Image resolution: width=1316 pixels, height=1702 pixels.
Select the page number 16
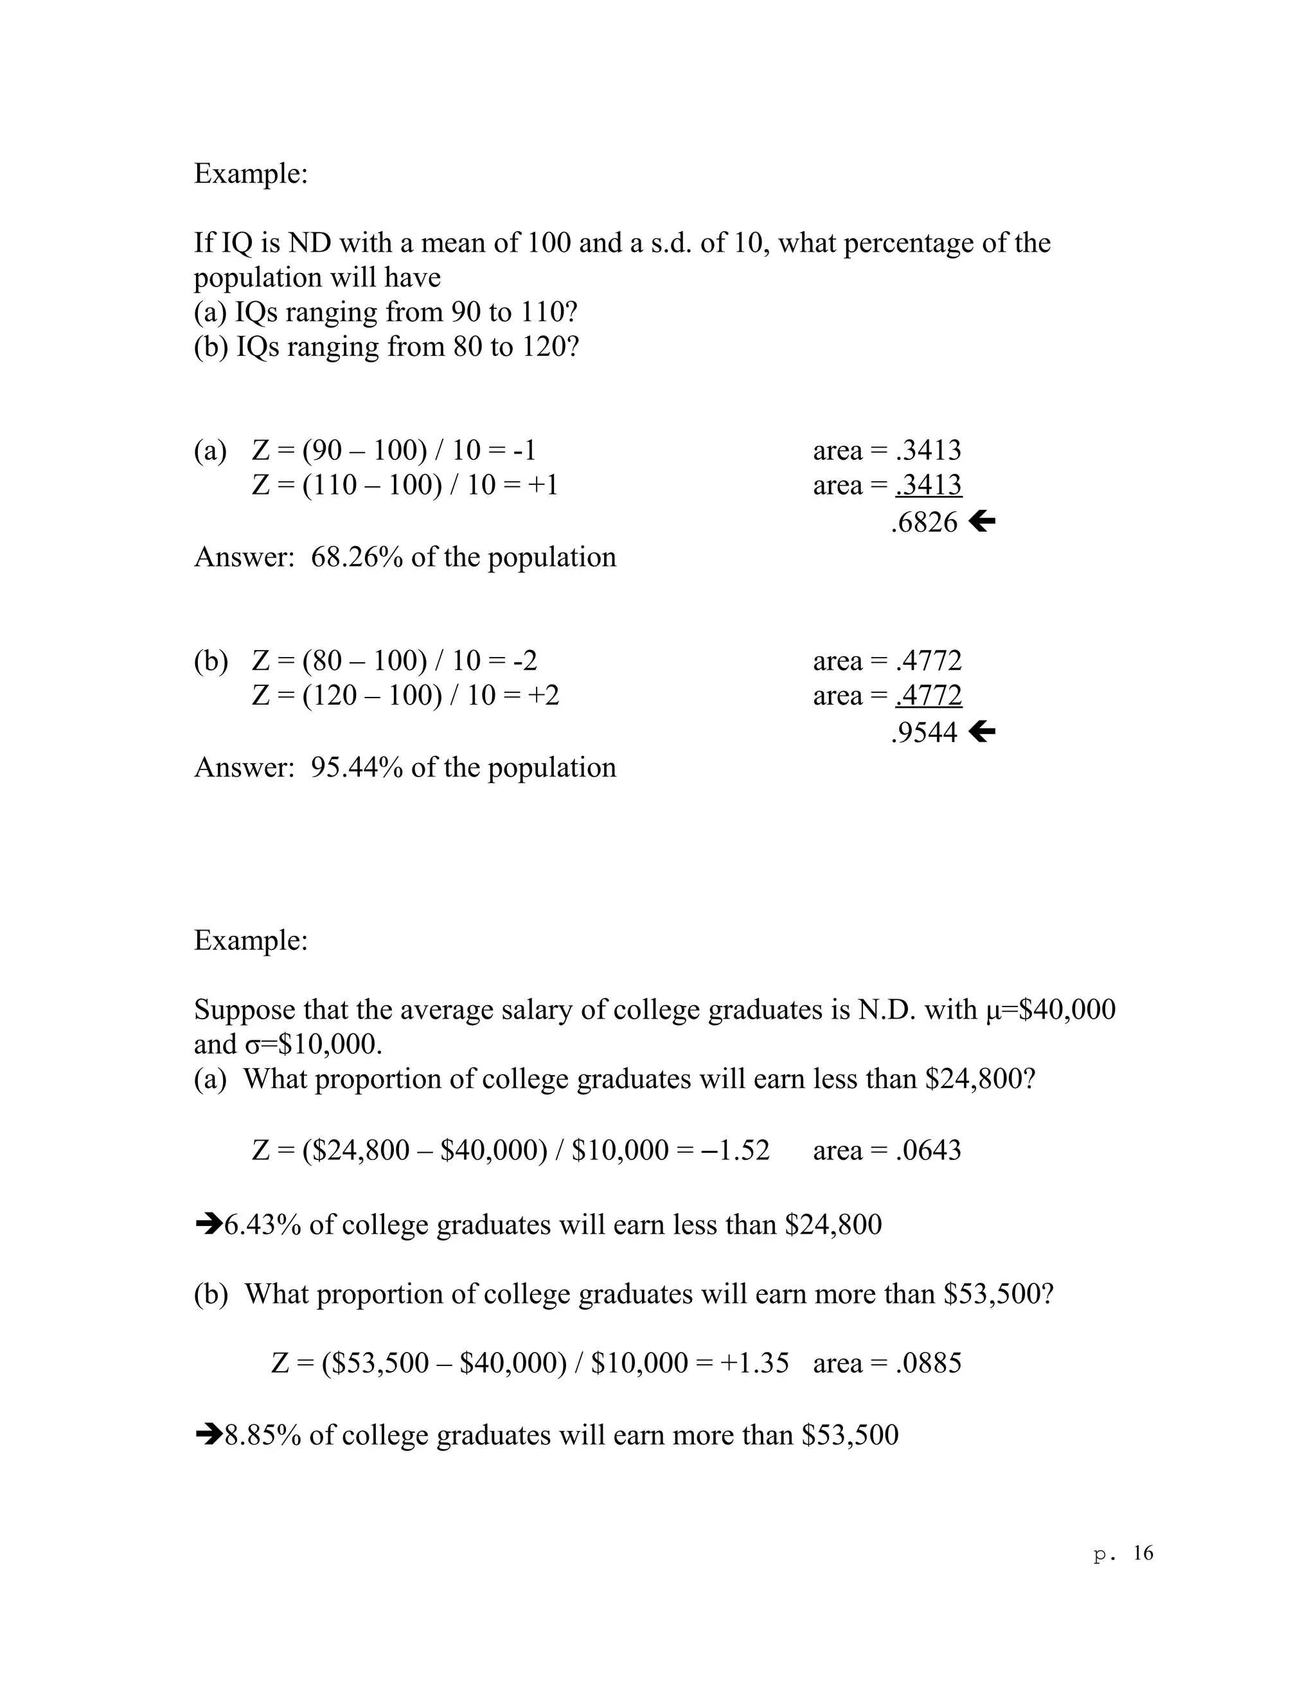point(1143,1553)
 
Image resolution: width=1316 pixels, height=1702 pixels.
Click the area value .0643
point(929,1150)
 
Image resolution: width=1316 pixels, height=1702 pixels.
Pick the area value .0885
point(929,1363)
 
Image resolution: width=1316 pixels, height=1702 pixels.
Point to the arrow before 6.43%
point(208,1224)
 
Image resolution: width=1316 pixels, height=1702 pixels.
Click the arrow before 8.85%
point(208,1435)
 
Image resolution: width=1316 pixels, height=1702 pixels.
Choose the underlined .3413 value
point(929,485)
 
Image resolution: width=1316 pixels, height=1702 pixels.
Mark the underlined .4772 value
point(929,695)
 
